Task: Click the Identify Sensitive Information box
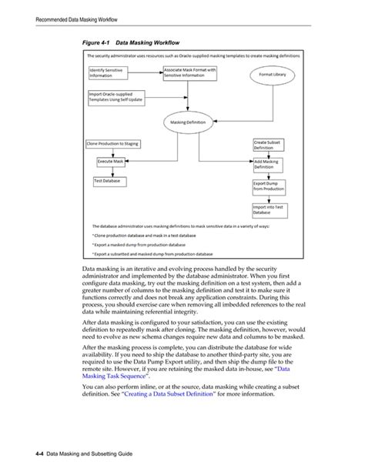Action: (109, 73)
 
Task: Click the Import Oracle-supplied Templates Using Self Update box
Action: (116, 98)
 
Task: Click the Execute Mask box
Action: (111, 162)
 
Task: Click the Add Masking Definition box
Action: (269, 164)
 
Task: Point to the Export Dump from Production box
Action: (269, 186)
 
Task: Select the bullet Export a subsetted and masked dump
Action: (153, 253)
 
